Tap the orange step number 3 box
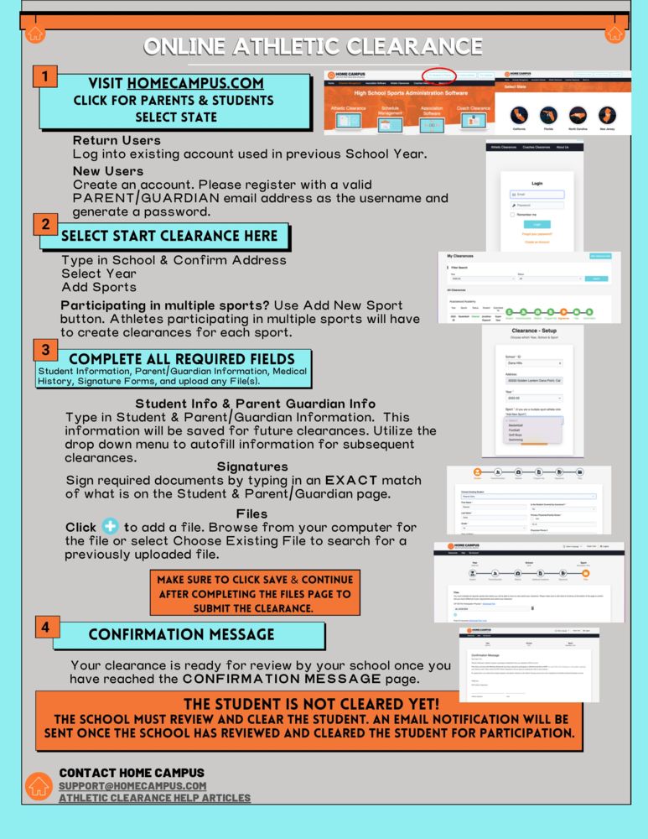coord(45,349)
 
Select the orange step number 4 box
coord(46,627)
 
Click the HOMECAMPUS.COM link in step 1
coord(195,84)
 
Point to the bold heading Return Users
coord(117,140)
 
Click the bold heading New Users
coord(108,171)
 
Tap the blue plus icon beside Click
coord(110,527)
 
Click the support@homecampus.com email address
coord(132,785)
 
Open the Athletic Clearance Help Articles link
coord(154,798)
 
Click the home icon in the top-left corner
coord(34,34)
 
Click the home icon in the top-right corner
coord(614,34)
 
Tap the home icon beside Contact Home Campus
coord(39,786)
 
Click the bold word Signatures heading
coord(252,466)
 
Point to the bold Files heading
coord(251,513)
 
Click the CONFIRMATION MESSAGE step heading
coord(181,634)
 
